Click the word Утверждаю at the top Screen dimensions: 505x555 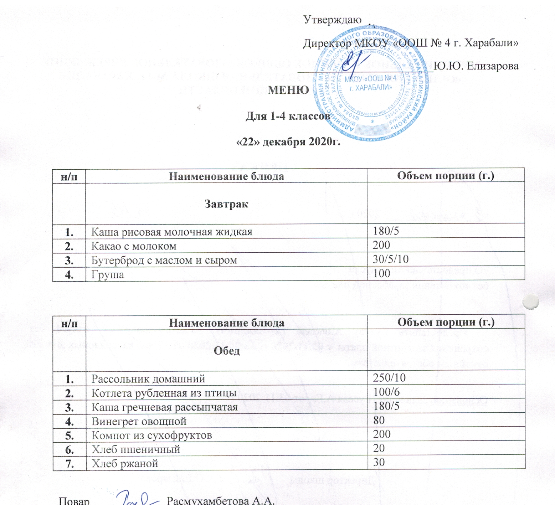(332, 20)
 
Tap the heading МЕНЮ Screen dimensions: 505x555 (288, 90)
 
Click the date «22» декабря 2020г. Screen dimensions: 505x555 (288, 142)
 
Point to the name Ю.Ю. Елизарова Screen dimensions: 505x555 (477, 66)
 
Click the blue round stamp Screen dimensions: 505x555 (371, 83)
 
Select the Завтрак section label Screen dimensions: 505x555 (226, 204)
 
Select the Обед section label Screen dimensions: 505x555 (227, 351)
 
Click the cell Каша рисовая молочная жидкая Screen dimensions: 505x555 (172, 232)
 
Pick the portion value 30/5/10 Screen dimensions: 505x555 (391, 259)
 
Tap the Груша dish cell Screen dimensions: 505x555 (108, 275)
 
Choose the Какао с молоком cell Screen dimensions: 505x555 (134, 246)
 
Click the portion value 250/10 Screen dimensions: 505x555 (389, 378)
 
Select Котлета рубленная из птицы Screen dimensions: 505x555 (164, 393)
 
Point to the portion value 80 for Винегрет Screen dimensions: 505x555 (379, 420)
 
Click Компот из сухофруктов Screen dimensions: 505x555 (152, 435)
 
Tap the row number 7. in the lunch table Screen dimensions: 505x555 (70, 464)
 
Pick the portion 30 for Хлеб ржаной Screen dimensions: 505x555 (379, 462)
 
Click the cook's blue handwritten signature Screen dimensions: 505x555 (137, 498)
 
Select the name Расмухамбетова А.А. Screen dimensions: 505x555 (221, 501)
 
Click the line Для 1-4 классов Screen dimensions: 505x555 (288, 116)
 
